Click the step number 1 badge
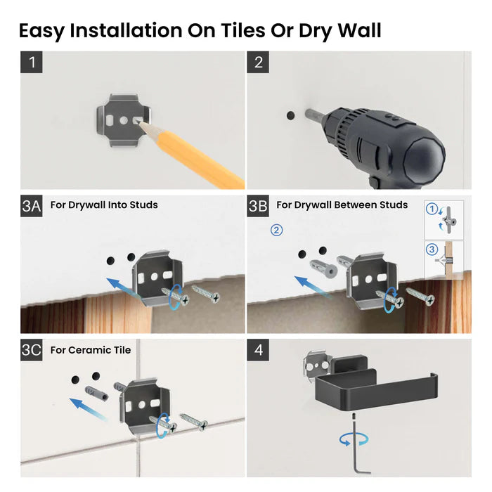pos(32,63)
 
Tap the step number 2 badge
pos(258,63)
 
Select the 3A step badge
pos(32,206)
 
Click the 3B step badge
pos(258,206)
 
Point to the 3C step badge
pos(32,350)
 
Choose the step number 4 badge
pos(258,350)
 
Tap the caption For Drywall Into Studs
pos(104,205)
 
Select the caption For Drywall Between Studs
pos(342,205)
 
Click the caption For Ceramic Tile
pos(90,350)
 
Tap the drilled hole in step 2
pos(290,113)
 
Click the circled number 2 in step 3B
pos(277,230)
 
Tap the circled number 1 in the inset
pos(433,209)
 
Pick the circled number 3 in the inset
pos(433,248)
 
